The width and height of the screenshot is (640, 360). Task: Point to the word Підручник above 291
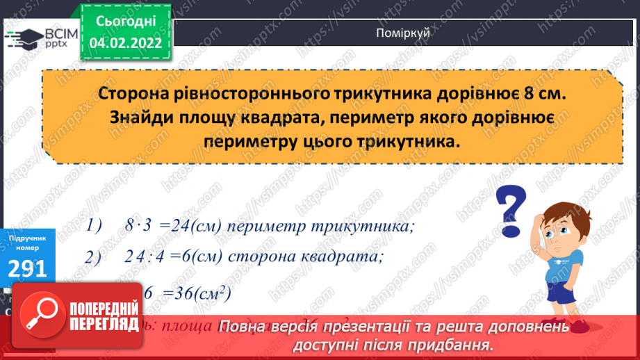point(28,238)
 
